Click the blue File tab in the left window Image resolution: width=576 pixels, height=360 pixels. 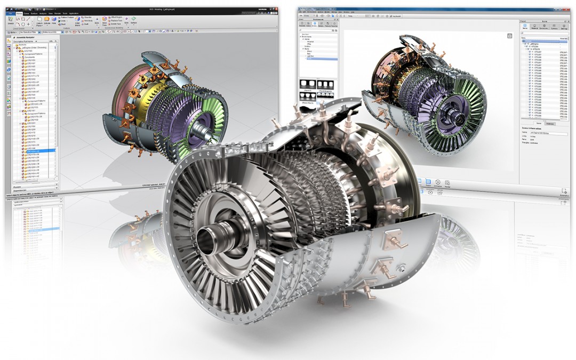10,13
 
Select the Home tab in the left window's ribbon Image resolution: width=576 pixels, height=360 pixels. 19,13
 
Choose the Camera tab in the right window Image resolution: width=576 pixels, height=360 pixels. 554,27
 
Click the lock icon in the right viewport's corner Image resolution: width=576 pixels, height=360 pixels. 509,35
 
